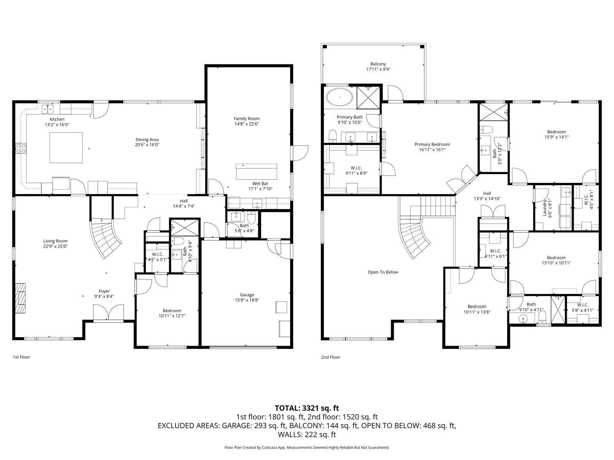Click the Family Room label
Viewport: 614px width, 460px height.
point(246,119)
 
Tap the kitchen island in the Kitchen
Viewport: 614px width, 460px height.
point(66,148)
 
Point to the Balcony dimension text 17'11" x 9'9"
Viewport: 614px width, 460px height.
point(378,69)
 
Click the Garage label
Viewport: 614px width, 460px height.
point(247,295)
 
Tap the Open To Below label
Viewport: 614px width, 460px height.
point(383,272)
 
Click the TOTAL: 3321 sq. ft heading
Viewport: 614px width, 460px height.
point(307,408)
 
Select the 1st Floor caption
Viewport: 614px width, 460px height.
point(21,357)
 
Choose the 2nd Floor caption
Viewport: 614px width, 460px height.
point(330,357)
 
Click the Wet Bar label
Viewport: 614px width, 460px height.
point(261,184)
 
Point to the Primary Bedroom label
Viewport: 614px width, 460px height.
point(432,145)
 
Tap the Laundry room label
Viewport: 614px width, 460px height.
point(545,208)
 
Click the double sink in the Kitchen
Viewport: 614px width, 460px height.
point(48,109)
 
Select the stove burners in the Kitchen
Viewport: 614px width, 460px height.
point(21,148)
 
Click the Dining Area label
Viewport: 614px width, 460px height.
point(147,140)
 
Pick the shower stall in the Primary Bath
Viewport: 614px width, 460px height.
point(368,97)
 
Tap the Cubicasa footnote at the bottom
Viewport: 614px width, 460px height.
point(307,447)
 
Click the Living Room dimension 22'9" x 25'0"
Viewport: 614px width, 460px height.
point(55,246)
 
